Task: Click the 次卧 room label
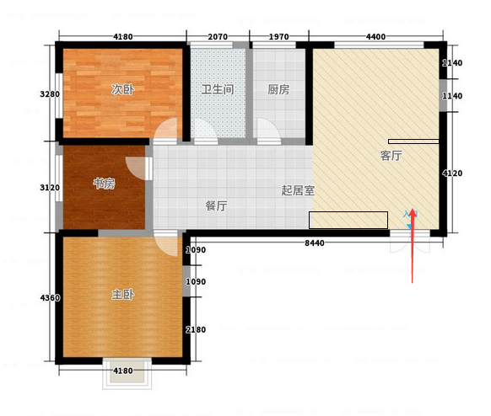coord(123,90)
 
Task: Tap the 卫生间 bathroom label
coord(218,90)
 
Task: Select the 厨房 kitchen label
coord(278,90)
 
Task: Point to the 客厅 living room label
coord(391,155)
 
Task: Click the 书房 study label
coord(104,184)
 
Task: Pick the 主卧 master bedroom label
coord(123,295)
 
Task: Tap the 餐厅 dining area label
coord(216,205)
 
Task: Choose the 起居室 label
coord(298,190)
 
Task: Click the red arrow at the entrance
coord(413,246)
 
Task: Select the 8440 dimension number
coord(315,243)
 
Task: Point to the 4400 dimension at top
coord(375,37)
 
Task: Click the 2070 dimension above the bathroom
coord(218,37)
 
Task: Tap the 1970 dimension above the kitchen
coord(278,37)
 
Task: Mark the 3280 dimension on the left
coord(50,94)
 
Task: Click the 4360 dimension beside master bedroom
coord(50,298)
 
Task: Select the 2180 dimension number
coord(196,330)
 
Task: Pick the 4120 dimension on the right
coord(452,173)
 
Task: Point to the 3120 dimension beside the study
coord(50,188)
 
